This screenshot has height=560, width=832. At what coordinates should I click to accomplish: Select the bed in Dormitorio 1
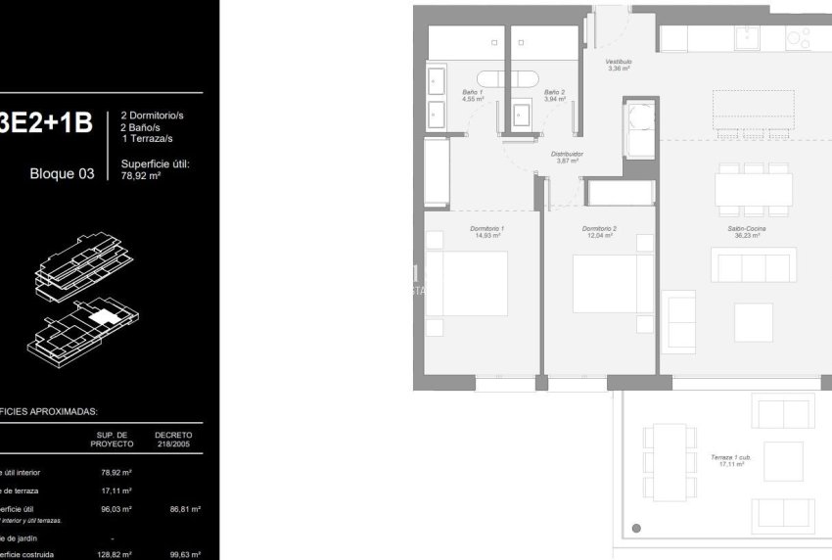click(x=467, y=283)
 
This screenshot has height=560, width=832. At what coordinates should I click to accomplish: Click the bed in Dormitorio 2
click(x=613, y=284)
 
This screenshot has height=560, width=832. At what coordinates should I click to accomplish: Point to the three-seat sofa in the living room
click(x=753, y=265)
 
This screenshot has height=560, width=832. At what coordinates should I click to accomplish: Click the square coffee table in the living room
click(x=753, y=322)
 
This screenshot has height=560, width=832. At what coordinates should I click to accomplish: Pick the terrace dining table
click(x=670, y=462)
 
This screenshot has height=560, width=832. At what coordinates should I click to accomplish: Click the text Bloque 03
click(x=63, y=174)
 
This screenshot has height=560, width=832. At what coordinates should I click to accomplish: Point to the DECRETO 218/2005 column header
click(x=173, y=439)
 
